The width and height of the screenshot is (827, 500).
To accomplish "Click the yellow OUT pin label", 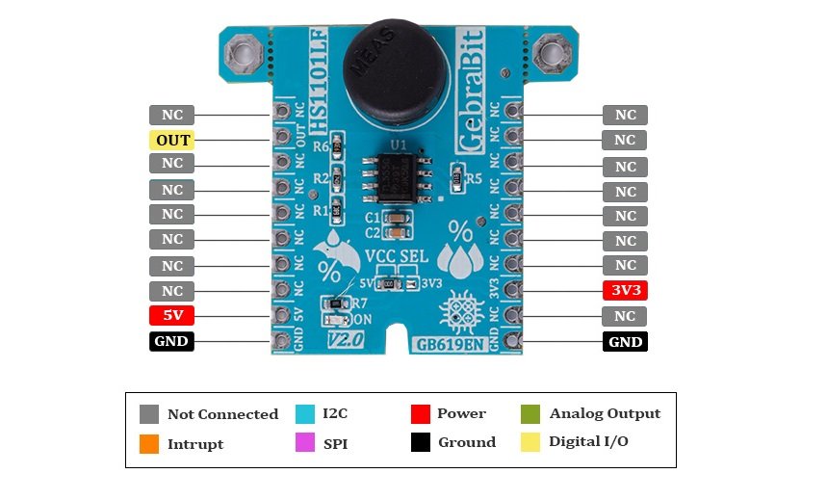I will click(x=171, y=140).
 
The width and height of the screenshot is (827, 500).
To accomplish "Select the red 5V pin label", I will click(x=171, y=315).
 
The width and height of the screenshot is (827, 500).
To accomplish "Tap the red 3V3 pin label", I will click(x=625, y=290).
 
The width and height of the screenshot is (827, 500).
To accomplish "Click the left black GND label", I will click(x=171, y=341).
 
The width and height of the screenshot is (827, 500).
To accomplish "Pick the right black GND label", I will click(x=625, y=341).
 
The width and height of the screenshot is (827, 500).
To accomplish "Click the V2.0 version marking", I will click(x=346, y=340).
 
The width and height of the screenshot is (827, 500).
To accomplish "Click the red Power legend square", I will click(x=419, y=414).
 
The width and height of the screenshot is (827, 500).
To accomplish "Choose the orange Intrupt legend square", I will click(x=148, y=444).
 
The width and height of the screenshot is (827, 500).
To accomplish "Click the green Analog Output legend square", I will click(x=530, y=414).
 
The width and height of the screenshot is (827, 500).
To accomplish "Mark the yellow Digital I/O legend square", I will click(x=530, y=443).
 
